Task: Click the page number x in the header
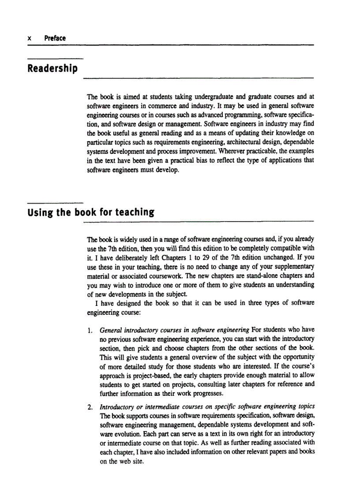point(29,38)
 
